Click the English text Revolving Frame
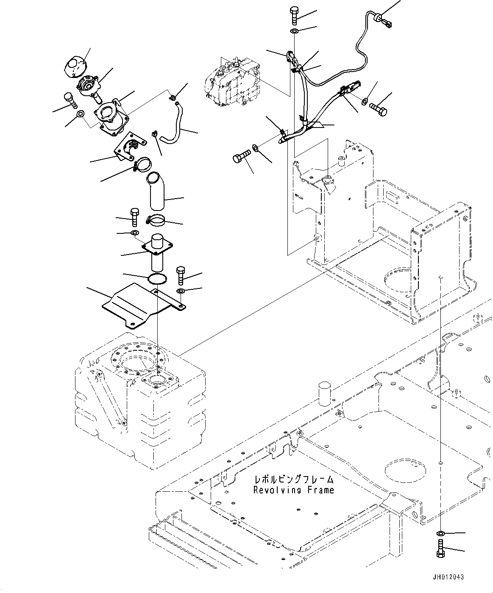pyautogui.click(x=293, y=490)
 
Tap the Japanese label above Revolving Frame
pyautogui.click(x=294, y=479)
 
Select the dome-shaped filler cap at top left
pyautogui.click(x=75, y=65)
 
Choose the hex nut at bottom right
pyautogui.click(x=441, y=532)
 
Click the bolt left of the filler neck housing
pyautogui.click(x=71, y=100)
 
